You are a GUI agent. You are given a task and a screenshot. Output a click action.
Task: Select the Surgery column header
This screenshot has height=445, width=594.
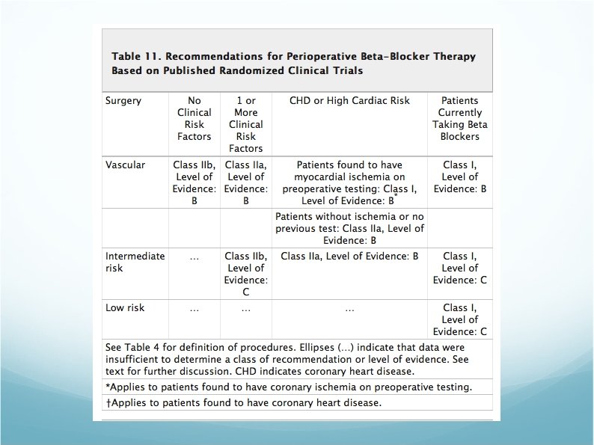(123, 101)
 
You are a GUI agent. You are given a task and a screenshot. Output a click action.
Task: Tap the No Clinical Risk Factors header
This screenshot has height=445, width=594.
(194, 118)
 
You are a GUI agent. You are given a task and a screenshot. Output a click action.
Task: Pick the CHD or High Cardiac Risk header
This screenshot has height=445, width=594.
(349, 101)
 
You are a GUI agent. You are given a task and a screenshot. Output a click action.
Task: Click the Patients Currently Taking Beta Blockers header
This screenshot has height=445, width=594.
(459, 118)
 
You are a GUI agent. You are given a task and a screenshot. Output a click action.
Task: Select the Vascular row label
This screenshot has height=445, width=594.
(126, 165)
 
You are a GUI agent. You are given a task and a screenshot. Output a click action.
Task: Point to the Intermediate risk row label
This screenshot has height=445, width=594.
(135, 262)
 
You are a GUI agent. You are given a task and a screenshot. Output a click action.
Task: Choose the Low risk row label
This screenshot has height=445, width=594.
(126, 307)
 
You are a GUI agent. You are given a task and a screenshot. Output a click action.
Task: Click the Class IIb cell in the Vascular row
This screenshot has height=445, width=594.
(194, 182)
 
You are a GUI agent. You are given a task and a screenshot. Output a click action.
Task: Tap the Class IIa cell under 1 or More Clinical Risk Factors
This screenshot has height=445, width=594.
(245, 182)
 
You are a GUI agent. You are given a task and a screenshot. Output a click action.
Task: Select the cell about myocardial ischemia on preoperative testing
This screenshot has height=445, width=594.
(349, 182)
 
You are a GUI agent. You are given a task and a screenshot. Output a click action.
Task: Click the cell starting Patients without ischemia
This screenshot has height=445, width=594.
(349, 228)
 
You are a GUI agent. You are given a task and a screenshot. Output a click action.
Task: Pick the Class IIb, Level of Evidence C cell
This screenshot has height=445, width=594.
(245, 274)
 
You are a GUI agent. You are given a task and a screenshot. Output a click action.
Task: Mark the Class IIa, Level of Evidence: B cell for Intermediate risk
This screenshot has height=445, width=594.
(349, 256)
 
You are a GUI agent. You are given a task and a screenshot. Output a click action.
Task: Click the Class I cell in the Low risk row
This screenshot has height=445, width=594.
(459, 319)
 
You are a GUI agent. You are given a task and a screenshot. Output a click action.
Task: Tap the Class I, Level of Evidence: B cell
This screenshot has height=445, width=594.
(459, 177)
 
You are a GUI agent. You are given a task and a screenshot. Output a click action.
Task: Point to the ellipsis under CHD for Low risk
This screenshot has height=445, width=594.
(349, 308)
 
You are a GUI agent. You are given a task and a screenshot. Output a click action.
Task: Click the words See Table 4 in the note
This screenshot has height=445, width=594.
(136, 348)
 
